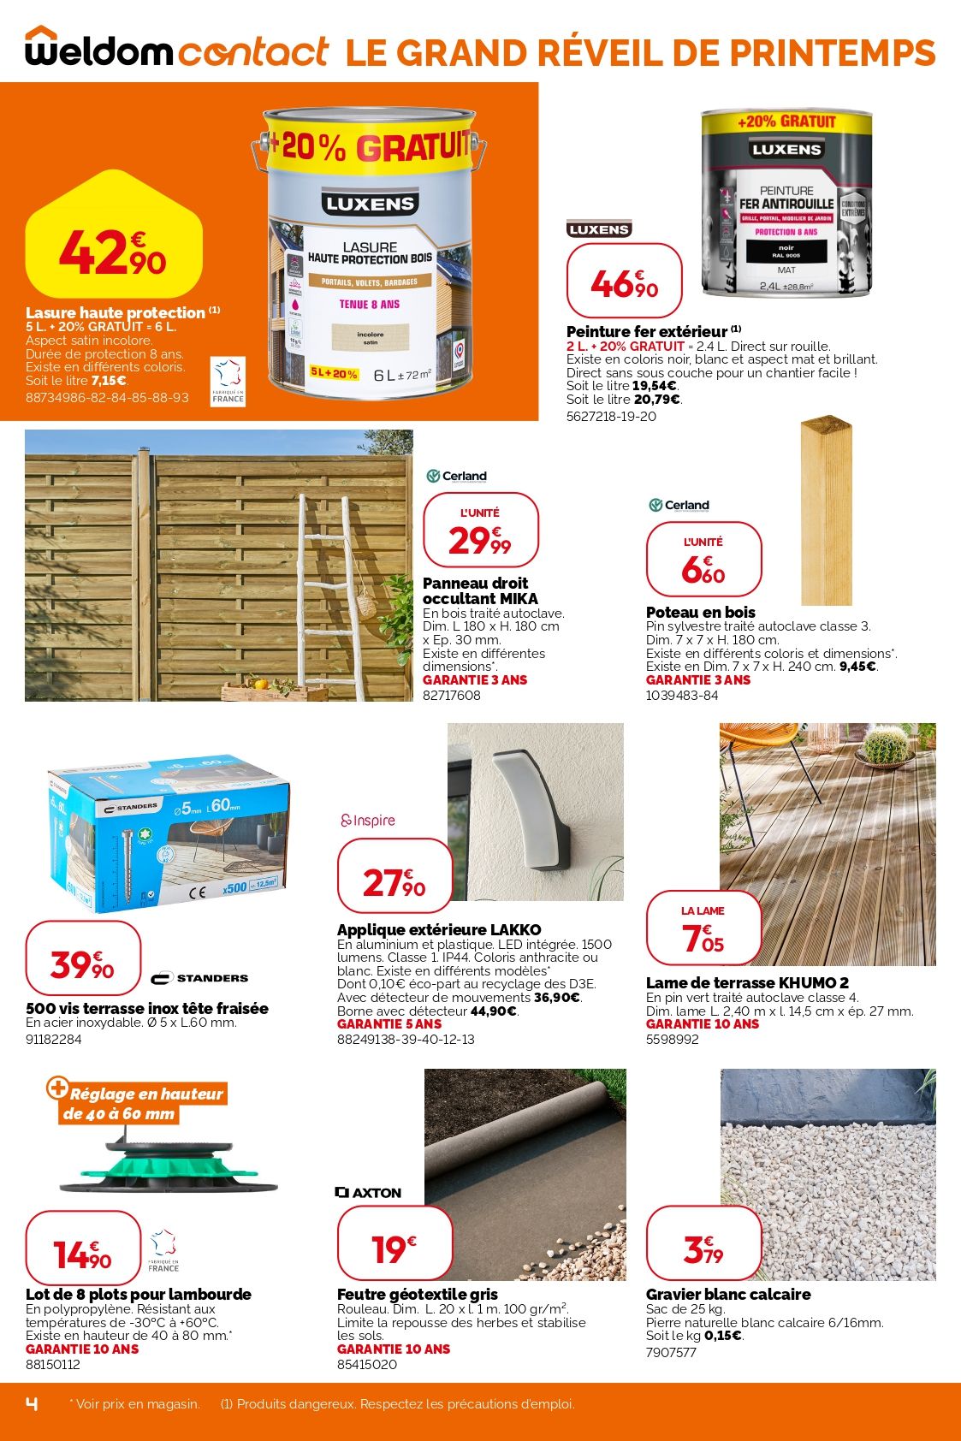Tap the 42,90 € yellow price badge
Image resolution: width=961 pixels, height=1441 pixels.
pos(113,251)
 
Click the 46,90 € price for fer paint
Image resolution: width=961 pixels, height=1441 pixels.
pos(624,282)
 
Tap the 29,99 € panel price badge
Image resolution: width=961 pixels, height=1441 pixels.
pos(480,531)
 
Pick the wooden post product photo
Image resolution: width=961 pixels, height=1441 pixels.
pos(826,511)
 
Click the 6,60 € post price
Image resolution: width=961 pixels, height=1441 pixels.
pos(703,560)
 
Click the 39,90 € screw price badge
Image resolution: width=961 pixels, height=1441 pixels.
pos(83,958)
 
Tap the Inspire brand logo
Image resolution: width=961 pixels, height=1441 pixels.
pos(368,821)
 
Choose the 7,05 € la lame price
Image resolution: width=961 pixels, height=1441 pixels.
pos(703,929)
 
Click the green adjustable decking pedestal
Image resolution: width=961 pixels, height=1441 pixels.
pos(168,1165)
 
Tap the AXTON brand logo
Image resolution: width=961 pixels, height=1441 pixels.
pos(368,1192)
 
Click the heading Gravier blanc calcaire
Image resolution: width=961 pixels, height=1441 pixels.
pos(728,1294)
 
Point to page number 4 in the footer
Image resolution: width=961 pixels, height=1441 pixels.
pos(33,1403)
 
